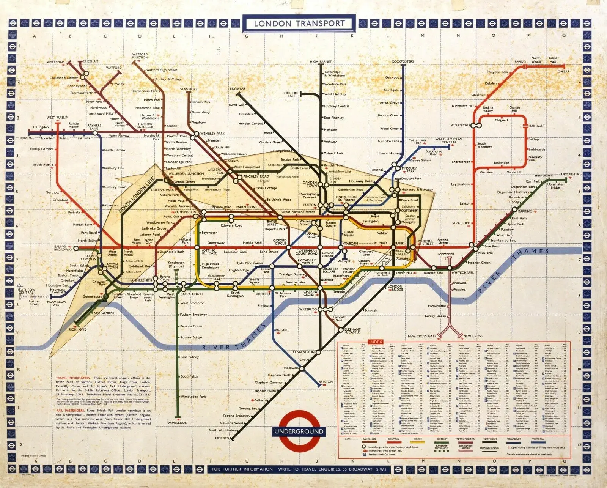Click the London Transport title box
pyautogui.click(x=299, y=24)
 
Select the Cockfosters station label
pyautogui.click(x=403, y=61)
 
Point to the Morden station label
pyautogui.click(x=222, y=438)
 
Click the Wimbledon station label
pyautogui.click(x=178, y=423)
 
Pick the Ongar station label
pyautogui.click(x=563, y=71)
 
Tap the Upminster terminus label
pyautogui.click(x=570, y=174)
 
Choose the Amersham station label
pyautogui.click(x=56, y=62)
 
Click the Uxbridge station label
pyautogui.click(x=26, y=138)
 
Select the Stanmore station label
pyautogui.click(x=189, y=89)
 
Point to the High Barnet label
pyautogui.click(x=321, y=61)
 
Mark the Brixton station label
pyautogui.click(x=326, y=382)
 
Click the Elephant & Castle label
pyautogui.click(x=352, y=331)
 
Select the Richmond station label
pyautogui.click(x=77, y=329)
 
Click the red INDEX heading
pyautogui.click(x=376, y=342)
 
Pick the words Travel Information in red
pyautogui.click(x=73, y=378)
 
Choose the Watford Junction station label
pyautogui.click(x=140, y=56)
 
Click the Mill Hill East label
pyautogui.click(x=291, y=94)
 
